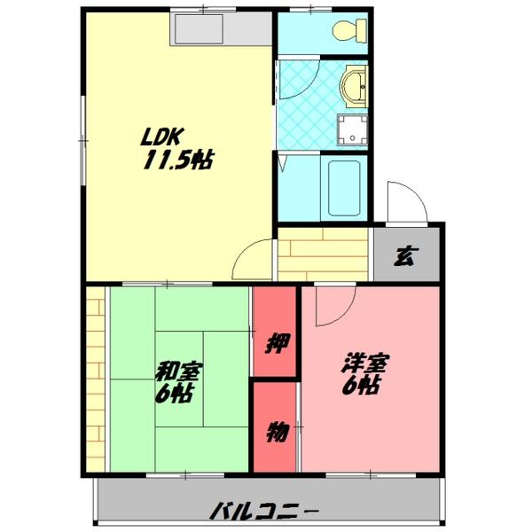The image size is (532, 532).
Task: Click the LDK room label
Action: click(162, 137)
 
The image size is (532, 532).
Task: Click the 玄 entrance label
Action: click(404, 256)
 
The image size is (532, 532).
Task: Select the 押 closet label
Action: click(276, 340)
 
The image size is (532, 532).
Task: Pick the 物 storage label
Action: click(276, 433)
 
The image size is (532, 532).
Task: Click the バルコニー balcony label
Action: click(265, 511)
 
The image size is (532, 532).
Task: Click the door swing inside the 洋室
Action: click(333, 305)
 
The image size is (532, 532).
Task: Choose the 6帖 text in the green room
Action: click(175, 393)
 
